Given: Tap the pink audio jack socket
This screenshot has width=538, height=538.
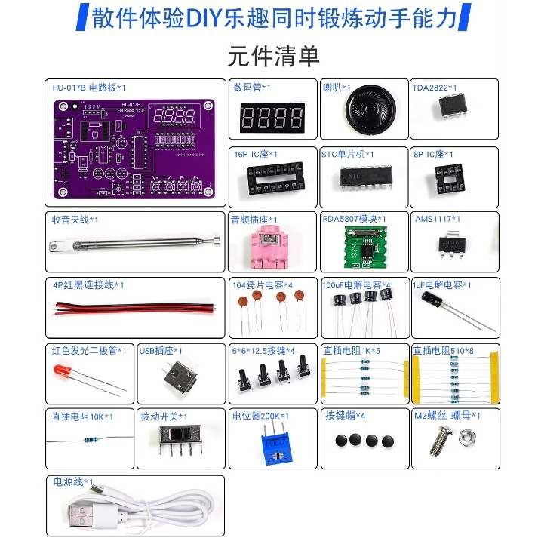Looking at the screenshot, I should [x=268, y=248].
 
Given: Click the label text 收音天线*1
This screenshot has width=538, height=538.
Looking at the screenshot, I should [x=75, y=220].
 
